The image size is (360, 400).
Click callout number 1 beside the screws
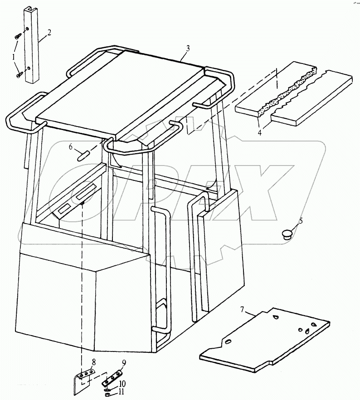tap(13, 57)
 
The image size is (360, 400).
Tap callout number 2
tap(49, 33)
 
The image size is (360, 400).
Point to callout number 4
tap(260, 133)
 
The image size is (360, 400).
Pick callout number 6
tap(71, 146)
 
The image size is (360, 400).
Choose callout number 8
tap(94, 362)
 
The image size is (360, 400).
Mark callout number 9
tap(124, 363)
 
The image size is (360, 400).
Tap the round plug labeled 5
tap(287, 234)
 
